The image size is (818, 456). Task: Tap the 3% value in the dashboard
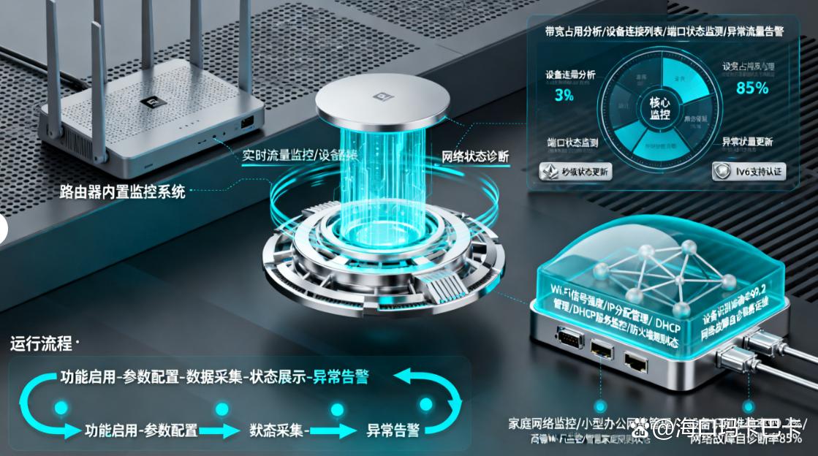click(564, 96)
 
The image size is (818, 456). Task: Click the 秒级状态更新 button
click(575, 172)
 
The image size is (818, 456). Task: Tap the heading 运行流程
click(42, 343)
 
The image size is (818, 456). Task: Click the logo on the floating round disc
click(382, 95)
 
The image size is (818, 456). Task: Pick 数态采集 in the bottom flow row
click(277, 430)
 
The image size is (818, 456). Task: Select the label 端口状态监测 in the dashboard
click(572, 142)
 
